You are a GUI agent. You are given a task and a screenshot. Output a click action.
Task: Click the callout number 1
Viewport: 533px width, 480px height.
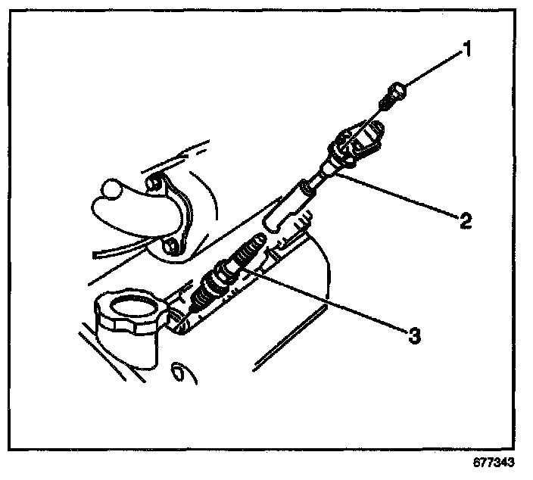467,51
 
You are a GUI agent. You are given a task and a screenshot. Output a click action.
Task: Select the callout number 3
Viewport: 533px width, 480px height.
413,335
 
